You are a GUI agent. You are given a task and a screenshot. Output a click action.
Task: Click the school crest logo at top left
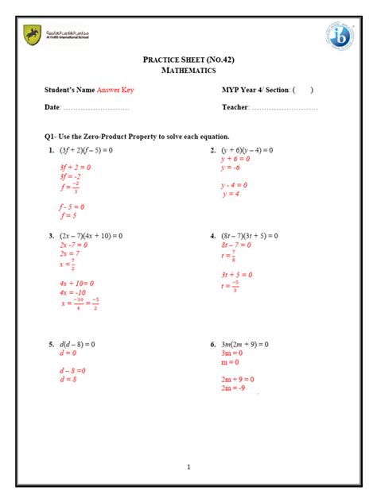tap(32, 35)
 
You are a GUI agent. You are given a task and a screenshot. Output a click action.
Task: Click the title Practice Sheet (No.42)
tap(188, 60)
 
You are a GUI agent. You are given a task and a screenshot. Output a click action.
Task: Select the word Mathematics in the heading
tap(188, 71)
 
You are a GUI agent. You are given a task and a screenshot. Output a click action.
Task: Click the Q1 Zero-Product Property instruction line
tap(137, 137)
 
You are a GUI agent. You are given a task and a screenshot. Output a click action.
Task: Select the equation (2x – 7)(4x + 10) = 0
tap(91, 236)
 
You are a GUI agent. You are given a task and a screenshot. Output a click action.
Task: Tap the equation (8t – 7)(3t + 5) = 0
tap(249, 236)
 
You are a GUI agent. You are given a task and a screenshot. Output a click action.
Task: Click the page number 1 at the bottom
tap(188, 466)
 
